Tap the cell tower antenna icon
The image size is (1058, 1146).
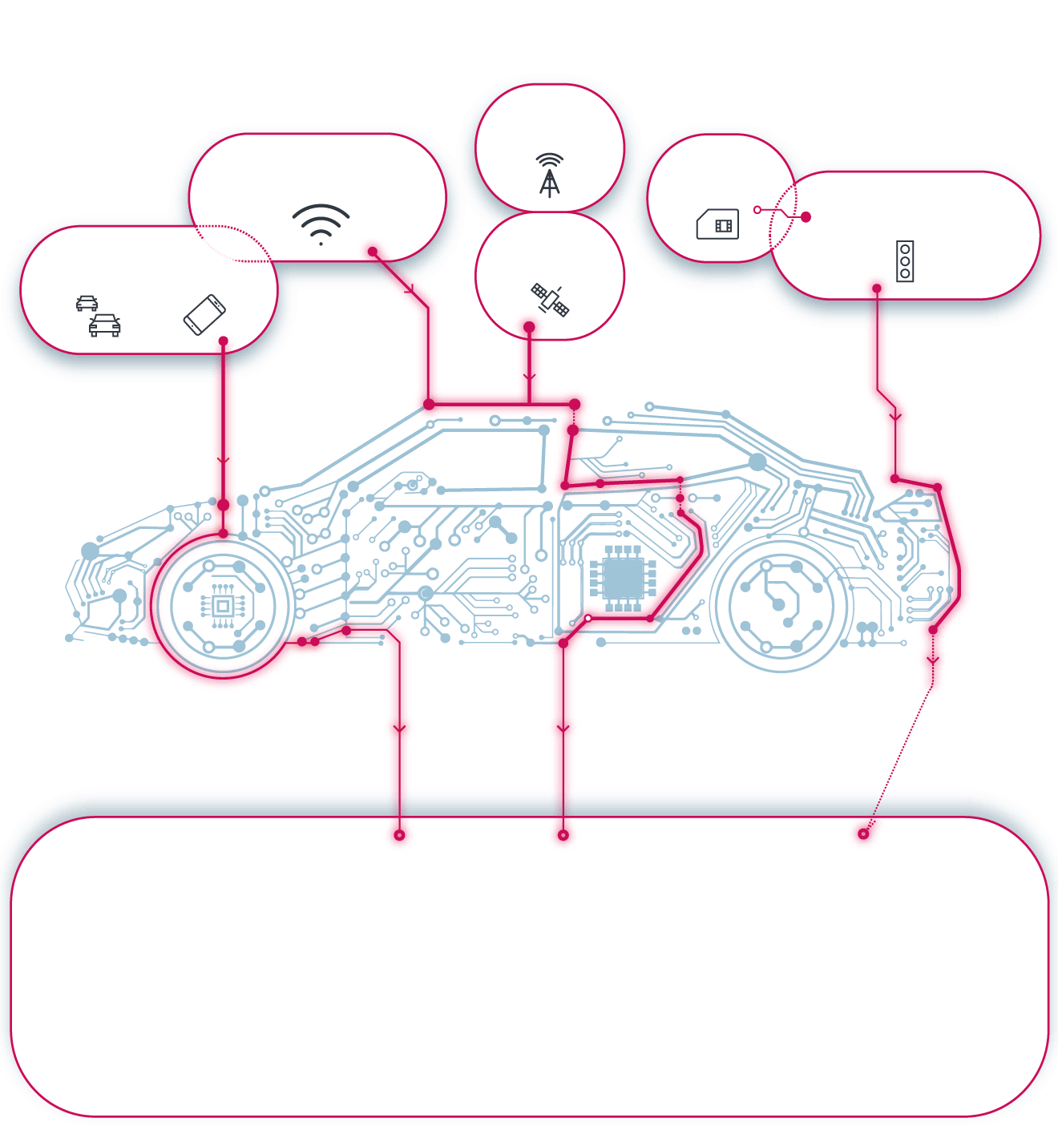click(549, 176)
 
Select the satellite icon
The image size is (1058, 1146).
click(550, 299)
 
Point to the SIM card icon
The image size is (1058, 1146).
click(717, 224)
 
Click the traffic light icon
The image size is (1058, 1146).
click(905, 261)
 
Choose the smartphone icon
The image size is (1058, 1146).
click(204, 314)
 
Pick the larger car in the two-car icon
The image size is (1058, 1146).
click(105, 325)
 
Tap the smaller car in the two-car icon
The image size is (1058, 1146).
click(87, 303)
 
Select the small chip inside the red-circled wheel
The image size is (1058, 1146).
click(223, 606)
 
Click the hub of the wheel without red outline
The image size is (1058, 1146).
click(778, 605)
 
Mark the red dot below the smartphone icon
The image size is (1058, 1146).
click(223, 341)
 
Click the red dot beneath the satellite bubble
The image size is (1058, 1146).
click(529, 327)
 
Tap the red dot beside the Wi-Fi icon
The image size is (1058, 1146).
click(373, 252)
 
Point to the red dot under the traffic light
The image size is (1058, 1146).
click(877, 289)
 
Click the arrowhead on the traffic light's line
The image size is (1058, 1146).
click(895, 417)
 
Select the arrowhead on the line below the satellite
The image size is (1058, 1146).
click(529, 377)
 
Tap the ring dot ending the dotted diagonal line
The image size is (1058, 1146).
click(863, 834)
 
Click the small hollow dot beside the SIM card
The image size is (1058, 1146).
click(757, 210)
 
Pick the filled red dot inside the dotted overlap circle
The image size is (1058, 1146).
click(806, 217)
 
